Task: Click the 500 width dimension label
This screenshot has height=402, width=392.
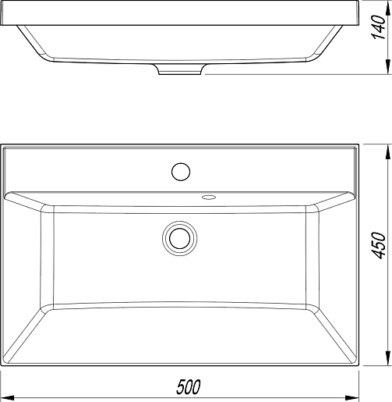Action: tap(189, 387)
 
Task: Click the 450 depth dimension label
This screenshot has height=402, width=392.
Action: tap(378, 245)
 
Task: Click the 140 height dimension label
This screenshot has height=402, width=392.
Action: tap(378, 27)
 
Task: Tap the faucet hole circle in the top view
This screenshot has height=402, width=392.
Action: tap(181, 172)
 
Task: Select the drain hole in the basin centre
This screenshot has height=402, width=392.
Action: tap(179, 238)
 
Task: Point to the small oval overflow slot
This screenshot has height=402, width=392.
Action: tap(209, 197)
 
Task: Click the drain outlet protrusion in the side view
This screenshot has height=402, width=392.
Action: tap(180, 69)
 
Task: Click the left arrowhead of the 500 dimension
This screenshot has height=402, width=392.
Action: tap(7, 397)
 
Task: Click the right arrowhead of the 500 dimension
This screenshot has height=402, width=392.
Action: tap(352, 397)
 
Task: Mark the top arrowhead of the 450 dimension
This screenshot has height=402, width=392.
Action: tap(387, 151)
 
